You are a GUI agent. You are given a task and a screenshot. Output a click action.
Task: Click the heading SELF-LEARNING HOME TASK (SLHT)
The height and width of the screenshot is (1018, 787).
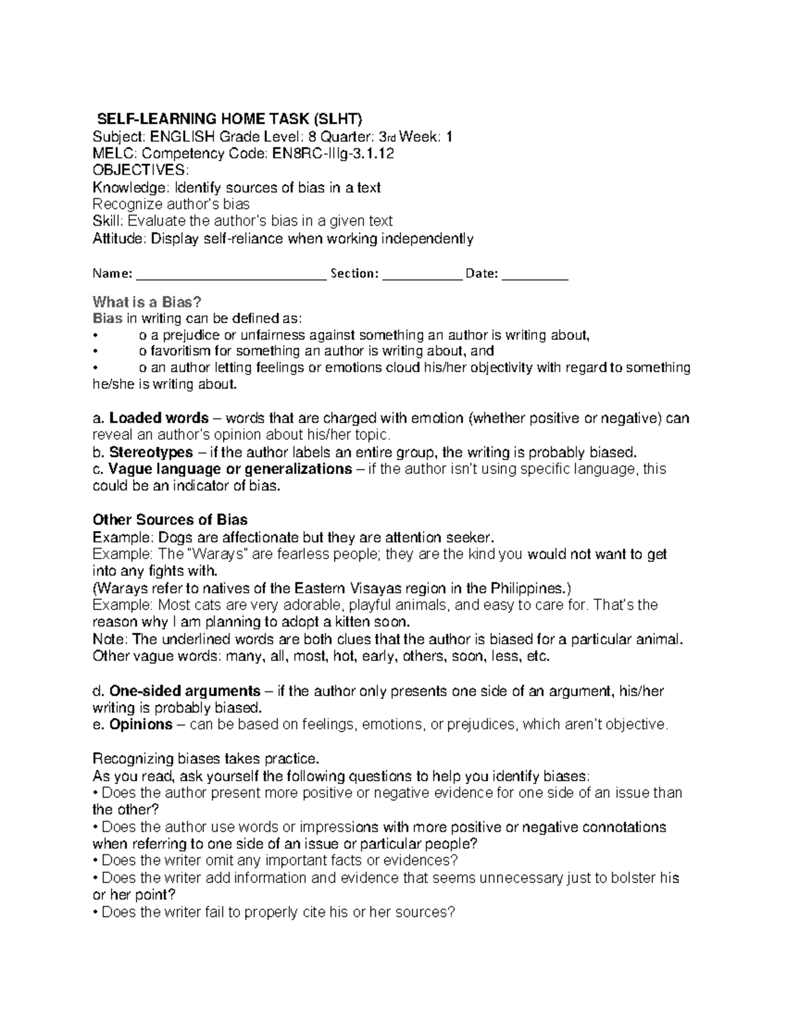point(229,119)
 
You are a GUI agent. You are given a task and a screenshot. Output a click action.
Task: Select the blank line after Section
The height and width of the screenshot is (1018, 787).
point(422,274)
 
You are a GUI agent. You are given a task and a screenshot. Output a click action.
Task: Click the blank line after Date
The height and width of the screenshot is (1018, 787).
point(535,274)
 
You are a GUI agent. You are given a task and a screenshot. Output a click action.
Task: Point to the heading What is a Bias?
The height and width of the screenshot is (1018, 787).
point(147,302)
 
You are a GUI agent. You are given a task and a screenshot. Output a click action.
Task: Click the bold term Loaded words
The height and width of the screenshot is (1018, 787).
point(159,418)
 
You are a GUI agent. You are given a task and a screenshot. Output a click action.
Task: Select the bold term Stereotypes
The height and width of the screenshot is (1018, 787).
point(151,452)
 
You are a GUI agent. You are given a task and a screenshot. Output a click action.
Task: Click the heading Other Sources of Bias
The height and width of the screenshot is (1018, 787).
point(170,520)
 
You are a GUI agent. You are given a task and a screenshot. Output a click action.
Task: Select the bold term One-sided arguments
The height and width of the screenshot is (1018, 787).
point(184,691)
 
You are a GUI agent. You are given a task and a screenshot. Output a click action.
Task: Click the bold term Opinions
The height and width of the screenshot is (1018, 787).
point(140,725)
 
